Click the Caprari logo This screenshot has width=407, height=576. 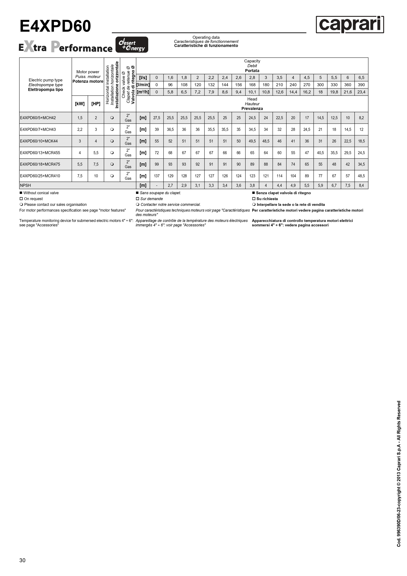point(350,25)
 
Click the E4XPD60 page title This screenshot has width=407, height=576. point(55,26)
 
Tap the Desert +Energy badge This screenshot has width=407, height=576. point(132,45)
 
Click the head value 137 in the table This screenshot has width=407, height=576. point(157,176)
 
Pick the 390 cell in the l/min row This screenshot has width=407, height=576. point(361,85)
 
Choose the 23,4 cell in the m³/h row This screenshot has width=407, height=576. point(361,92)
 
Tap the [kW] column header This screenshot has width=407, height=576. point(80,104)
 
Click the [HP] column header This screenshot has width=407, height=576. point(96,104)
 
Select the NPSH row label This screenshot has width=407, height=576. point(25,185)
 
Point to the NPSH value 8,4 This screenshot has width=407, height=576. point(361,185)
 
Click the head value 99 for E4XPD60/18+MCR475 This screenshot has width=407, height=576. point(157,164)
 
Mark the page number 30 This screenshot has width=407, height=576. point(22,560)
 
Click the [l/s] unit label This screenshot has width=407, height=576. point(143,77)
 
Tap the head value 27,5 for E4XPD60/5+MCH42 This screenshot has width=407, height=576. point(157,118)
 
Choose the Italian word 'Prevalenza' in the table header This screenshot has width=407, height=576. point(252,109)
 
